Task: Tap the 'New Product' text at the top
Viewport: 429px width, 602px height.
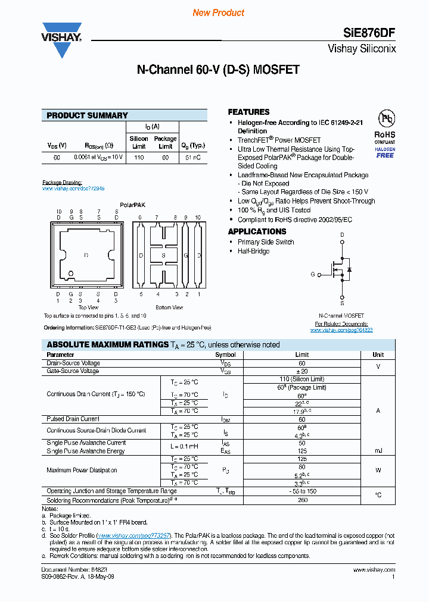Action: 219,12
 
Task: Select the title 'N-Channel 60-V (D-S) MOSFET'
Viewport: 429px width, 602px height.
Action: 218,70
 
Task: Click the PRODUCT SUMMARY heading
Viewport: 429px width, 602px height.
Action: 87,115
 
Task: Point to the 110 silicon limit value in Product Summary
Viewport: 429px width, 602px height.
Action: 139,158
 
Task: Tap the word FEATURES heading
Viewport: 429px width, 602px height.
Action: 248,112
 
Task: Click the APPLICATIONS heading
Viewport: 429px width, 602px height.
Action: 257,231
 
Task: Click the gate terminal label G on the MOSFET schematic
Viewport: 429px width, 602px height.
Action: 312,274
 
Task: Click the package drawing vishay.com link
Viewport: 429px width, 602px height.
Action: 73,188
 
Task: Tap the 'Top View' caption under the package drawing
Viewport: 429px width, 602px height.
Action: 88,308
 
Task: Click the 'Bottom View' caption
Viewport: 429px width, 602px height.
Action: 169,308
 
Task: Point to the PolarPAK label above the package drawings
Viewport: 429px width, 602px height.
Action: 132,205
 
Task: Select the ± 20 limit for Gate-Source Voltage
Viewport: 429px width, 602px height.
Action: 301,371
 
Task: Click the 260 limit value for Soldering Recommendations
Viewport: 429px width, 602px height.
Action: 301,500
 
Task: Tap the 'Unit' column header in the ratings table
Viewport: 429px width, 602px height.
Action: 378,355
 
